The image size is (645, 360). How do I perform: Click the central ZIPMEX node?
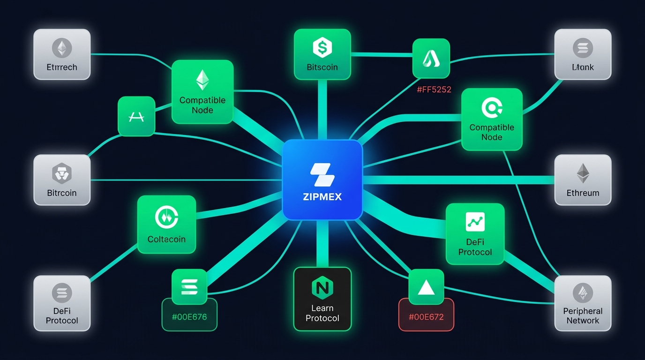(322, 180)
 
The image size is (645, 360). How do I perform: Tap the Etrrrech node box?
(62, 54)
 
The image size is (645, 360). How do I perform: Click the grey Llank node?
(583, 54)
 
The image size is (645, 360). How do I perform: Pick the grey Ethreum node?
(583, 180)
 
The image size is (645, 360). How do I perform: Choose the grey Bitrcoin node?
(62, 180)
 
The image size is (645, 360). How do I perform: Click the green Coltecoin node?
(166, 224)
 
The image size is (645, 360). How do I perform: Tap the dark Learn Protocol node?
(322, 299)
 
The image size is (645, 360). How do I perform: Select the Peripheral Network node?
(583, 303)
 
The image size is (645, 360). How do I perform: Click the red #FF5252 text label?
(434, 89)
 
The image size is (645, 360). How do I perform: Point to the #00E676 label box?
(189, 316)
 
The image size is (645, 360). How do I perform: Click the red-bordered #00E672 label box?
(426, 316)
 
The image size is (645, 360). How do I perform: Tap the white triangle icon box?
(426, 287)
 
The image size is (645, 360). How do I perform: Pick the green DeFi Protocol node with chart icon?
(475, 233)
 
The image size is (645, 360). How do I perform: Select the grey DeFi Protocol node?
(62, 303)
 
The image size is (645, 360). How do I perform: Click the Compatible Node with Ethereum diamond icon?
(202, 91)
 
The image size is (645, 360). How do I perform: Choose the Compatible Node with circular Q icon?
(492, 119)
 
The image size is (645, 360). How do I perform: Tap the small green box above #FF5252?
(431, 58)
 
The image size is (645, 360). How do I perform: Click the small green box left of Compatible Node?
(136, 116)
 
